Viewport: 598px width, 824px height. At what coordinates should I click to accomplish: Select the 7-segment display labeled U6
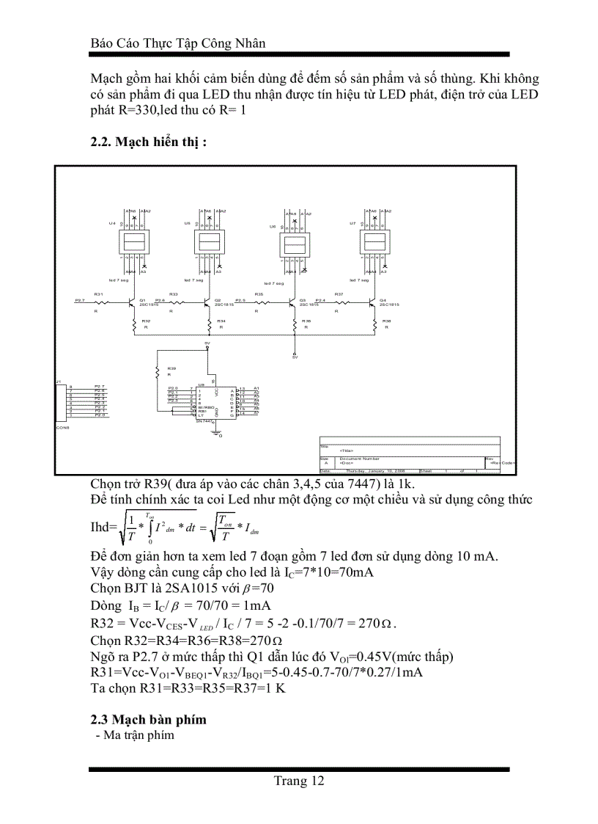[294, 246]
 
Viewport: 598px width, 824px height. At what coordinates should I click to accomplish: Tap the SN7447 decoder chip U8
[213, 403]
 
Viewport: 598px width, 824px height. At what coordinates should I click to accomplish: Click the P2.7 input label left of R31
[80, 300]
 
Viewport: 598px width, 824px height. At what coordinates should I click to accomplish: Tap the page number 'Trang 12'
[299, 781]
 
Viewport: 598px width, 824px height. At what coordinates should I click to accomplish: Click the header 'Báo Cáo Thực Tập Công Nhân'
[177, 43]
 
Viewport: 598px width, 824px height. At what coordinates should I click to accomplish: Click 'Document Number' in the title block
[359, 459]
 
